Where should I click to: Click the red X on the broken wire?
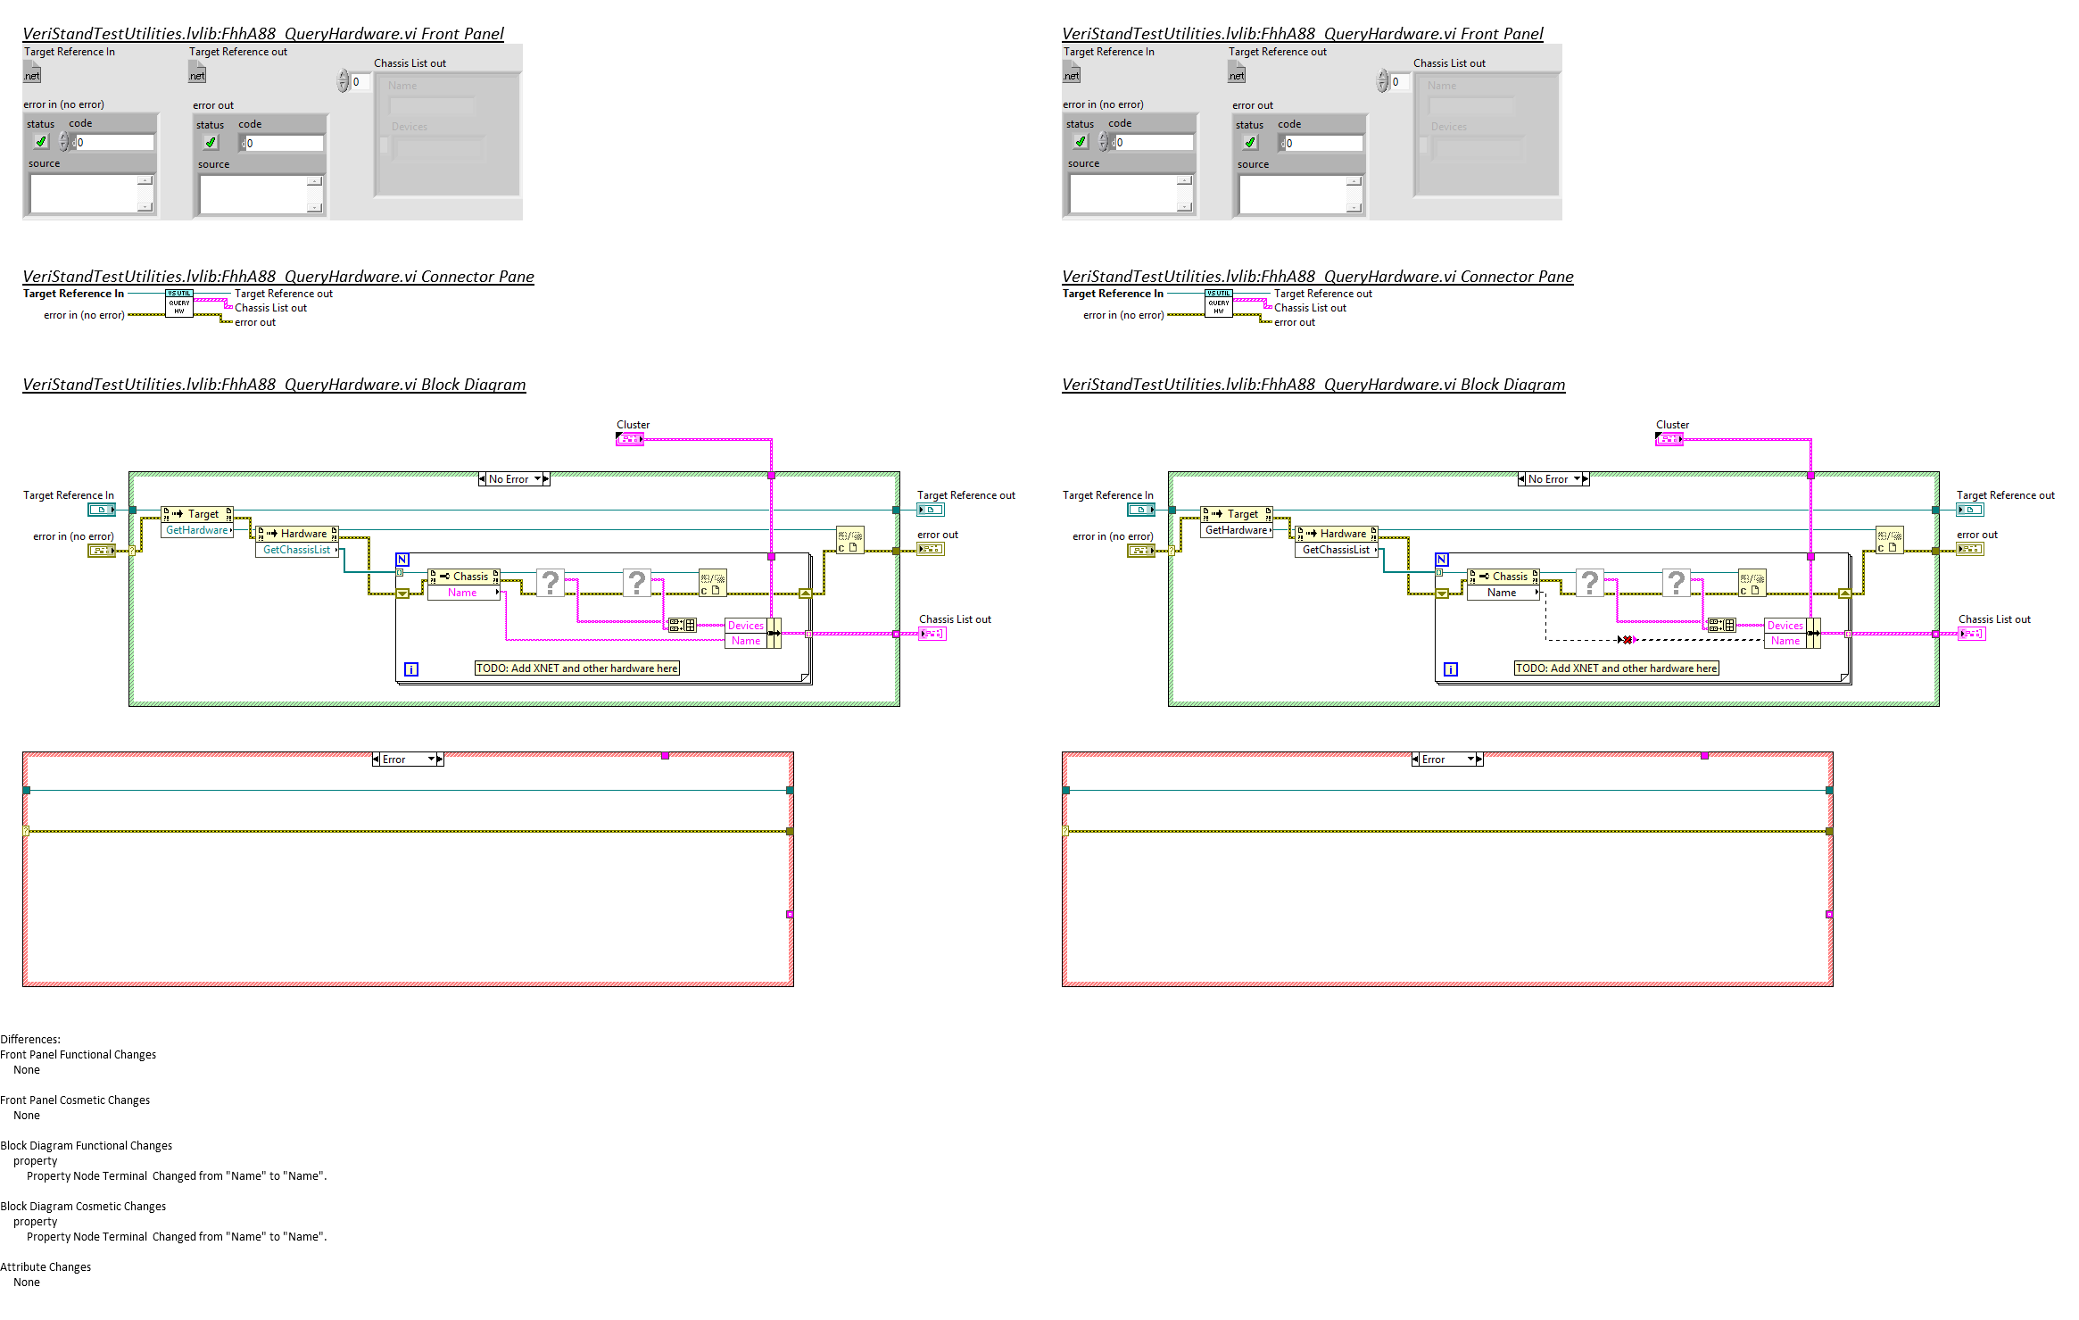1627,639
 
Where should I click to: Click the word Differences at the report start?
30,1039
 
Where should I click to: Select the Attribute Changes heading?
46,1266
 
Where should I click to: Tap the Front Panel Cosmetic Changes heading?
75,1100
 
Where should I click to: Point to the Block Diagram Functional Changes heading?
87,1145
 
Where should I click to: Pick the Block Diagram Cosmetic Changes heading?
83,1206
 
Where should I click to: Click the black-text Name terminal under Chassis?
1502,593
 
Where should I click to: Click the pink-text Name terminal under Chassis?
462,593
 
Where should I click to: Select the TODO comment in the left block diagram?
576,668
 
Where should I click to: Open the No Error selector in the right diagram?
1553,479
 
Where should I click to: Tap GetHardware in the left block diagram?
197,530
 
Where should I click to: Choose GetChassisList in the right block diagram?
1336,550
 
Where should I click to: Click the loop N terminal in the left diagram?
402,560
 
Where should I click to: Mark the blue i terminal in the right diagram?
1451,668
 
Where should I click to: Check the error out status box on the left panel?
211,143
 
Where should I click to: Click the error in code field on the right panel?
1154,143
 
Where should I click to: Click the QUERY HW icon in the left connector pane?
179,303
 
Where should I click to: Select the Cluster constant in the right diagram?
1669,439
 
